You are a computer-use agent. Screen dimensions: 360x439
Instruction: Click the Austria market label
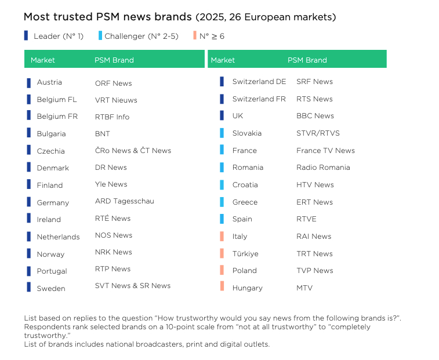pos(49,82)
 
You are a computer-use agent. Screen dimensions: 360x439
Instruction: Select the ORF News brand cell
pos(113,83)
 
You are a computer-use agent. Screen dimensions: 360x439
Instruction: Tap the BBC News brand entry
pos(315,116)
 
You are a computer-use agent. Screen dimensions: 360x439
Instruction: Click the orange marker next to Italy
pos(222,236)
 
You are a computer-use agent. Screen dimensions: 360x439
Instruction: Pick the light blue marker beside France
pos(222,150)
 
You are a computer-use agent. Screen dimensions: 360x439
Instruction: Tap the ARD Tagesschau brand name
pos(124,201)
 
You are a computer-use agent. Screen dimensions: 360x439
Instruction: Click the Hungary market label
pos(247,288)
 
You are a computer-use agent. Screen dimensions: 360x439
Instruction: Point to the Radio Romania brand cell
pos(323,168)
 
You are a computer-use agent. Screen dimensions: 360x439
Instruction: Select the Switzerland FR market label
pos(259,99)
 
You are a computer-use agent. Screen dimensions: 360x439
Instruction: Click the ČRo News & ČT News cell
pos(133,151)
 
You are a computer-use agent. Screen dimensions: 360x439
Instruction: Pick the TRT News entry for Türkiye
pos(314,254)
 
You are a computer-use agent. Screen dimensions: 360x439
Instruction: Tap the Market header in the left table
pos(43,60)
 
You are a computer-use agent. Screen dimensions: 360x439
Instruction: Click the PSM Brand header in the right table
pos(307,60)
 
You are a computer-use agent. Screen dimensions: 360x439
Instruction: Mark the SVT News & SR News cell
pos(132,286)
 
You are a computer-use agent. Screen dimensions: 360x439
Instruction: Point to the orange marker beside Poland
pos(222,270)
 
